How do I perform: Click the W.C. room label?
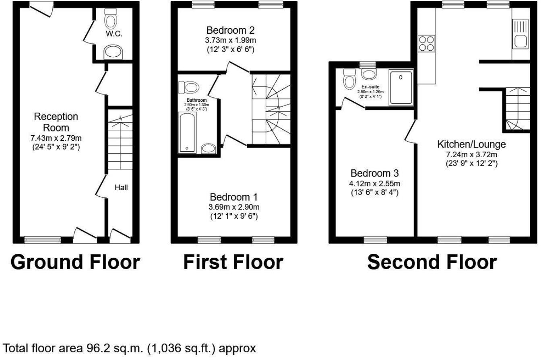(x=114, y=34)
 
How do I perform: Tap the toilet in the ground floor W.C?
(x=111, y=19)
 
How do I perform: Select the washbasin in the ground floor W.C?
(x=113, y=52)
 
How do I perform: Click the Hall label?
(x=121, y=187)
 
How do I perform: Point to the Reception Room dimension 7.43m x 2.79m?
(x=56, y=138)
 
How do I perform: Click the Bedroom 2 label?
(x=230, y=31)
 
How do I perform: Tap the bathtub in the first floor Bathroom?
(x=187, y=132)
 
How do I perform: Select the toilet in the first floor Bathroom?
(x=189, y=87)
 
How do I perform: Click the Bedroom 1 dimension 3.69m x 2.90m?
(x=234, y=207)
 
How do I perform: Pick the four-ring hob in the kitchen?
(x=426, y=43)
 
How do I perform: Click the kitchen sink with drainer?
(x=521, y=34)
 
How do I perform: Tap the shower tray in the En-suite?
(x=401, y=87)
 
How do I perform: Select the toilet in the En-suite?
(x=349, y=79)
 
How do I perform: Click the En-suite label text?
(x=370, y=86)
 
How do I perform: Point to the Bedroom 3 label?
(x=374, y=173)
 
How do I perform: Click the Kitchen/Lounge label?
(x=471, y=144)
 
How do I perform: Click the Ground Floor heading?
(x=75, y=262)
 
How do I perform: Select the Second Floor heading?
(x=432, y=262)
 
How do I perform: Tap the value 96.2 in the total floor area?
(x=96, y=348)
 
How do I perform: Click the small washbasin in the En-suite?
(x=369, y=74)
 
